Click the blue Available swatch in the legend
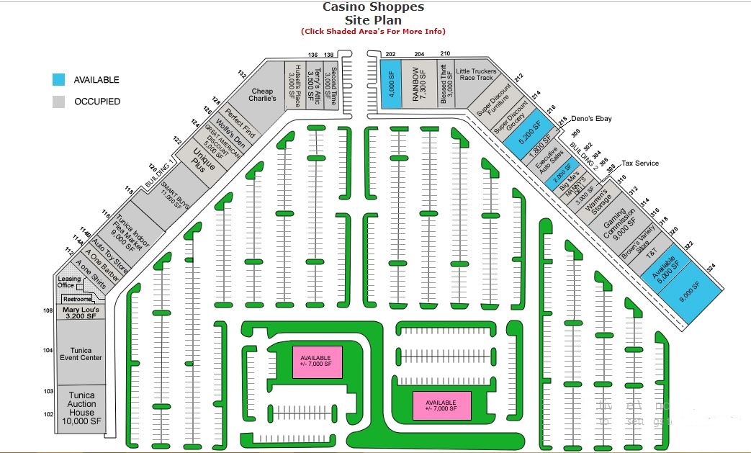click(x=58, y=80)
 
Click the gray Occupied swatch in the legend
click(x=58, y=102)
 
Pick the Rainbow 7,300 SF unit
click(x=415, y=84)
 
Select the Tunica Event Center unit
click(x=81, y=354)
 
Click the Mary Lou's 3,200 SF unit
click(x=81, y=311)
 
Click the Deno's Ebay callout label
click(x=590, y=119)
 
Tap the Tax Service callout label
click(x=640, y=163)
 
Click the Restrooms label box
click(x=77, y=299)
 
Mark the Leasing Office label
click(x=70, y=282)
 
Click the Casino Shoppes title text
click(x=373, y=7)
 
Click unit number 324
click(x=711, y=268)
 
